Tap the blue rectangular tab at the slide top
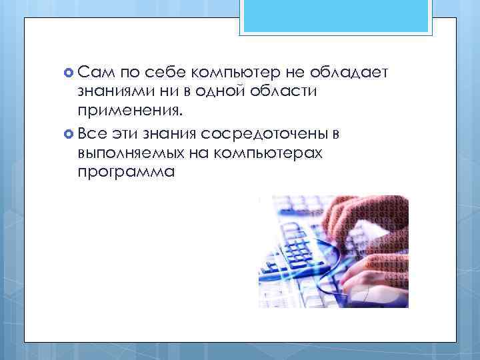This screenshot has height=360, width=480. click(337, 17)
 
